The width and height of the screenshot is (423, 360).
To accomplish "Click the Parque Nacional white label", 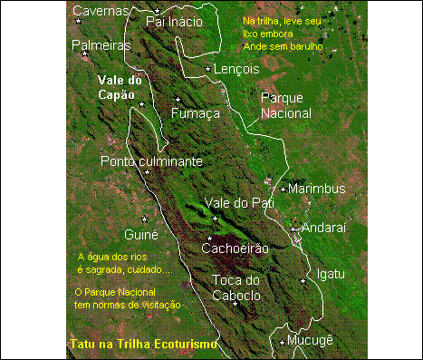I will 285,105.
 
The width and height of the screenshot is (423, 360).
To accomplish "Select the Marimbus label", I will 318,189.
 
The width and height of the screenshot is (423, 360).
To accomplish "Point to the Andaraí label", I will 323,229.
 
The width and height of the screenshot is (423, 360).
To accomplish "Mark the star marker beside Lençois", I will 208,68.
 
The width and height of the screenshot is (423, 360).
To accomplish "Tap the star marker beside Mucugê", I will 283,341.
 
